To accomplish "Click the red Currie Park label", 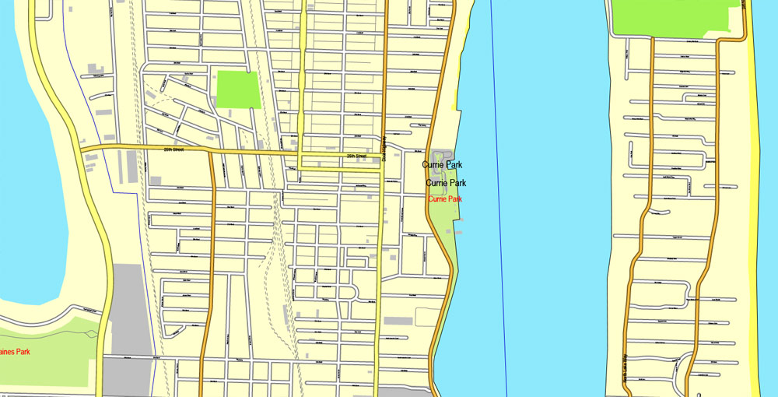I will point(445,199).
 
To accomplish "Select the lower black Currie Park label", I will point(446,183).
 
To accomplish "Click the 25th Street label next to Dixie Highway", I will point(357,156).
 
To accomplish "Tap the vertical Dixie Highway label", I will point(384,149).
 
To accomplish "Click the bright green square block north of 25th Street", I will point(237,89).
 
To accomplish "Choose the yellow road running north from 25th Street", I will point(303,78).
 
